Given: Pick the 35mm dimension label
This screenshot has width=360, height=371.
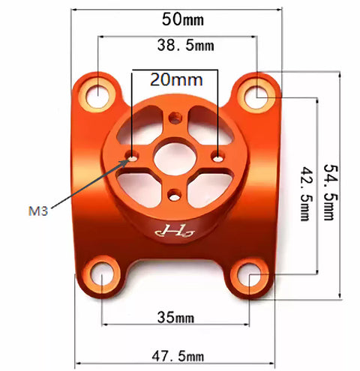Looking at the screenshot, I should [x=177, y=316].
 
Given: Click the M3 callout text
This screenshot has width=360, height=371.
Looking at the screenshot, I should [x=36, y=211].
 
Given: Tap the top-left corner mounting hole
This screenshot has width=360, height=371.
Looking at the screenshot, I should [x=97, y=94].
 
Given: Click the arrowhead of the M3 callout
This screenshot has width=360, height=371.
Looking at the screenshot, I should [x=124, y=161].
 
